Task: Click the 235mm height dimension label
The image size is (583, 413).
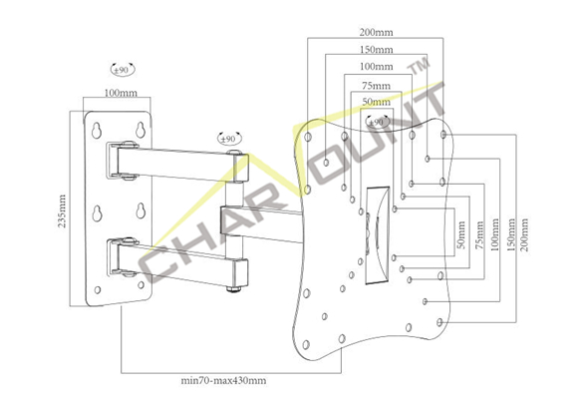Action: tap(62, 210)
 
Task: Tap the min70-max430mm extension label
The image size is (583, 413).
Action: tap(223, 381)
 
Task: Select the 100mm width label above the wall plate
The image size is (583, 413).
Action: tap(121, 93)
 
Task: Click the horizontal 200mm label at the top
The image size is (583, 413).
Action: tap(376, 32)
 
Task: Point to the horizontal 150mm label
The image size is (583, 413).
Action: tap(376, 50)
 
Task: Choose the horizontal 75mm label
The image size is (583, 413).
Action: tap(376, 86)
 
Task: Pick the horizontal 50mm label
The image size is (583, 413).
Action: tap(376, 102)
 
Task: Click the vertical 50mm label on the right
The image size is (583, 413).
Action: tap(461, 234)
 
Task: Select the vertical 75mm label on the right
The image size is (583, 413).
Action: tap(479, 234)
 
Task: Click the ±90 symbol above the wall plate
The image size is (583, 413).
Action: tap(122, 69)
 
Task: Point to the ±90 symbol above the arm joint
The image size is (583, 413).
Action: tap(228, 139)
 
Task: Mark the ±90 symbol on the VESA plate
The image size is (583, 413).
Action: tap(377, 122)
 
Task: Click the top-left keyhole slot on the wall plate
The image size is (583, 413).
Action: tap(97, 131)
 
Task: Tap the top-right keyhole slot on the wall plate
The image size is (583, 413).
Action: tap(141, 130)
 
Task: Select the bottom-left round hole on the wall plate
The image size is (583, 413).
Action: tap(98, 290)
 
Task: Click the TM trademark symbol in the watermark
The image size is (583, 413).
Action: tap(419, 68)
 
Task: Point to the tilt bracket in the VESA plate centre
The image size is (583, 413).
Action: tap(378, 235)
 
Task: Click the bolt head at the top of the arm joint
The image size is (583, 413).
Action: tap(234, 152)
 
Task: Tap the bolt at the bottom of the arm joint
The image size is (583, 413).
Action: tap(234, 288)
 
